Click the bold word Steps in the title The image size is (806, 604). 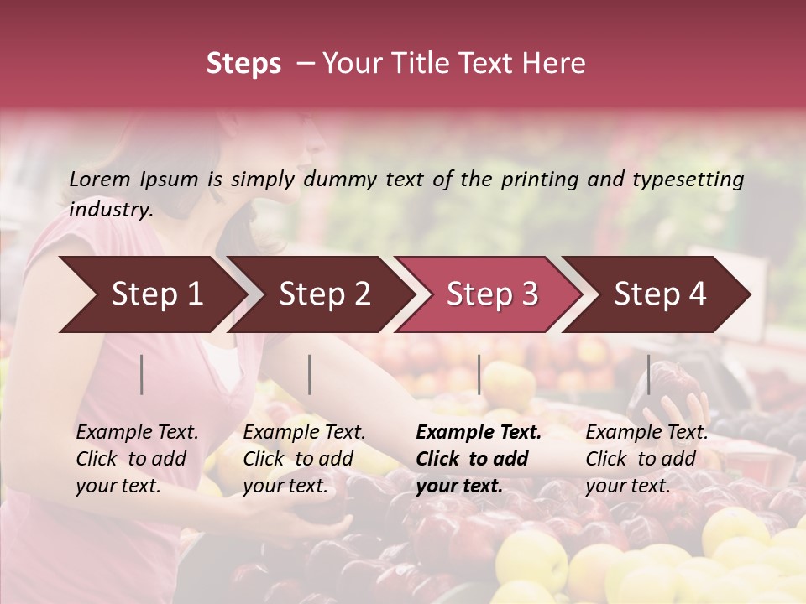click(243, 65)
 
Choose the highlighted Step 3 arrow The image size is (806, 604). click(487, 294)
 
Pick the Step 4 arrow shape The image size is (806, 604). click(655, 294)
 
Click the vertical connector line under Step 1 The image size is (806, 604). click(142, 374)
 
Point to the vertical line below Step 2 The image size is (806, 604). click(310, 374)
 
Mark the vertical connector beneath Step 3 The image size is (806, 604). click(479, 374)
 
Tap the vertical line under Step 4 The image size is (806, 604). click(648, 374)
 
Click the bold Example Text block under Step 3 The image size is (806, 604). click(479, 459)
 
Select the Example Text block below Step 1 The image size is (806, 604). click(137, 459)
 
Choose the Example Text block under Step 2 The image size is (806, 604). click(304, 459)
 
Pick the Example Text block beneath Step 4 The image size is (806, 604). click(646, 459)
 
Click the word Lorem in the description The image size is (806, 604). click(100, 179)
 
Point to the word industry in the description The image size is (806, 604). click(110, 210)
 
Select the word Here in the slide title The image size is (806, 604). click(557, 64)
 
